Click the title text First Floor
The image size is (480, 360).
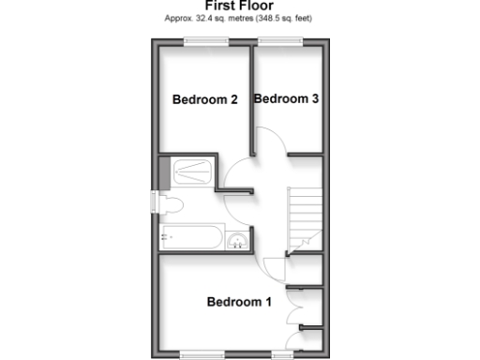coord(240,6)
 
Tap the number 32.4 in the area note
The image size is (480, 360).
coord(205,19)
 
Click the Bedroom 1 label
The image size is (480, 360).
coord(239,302)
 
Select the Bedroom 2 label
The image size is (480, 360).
coord(204,99)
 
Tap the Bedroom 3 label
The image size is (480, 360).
coord(286,98)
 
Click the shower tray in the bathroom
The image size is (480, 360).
coord(194,170)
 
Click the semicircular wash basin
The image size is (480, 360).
coord(241,240)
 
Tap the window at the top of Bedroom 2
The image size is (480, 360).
coord(205,38)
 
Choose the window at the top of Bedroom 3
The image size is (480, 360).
coord(280,38)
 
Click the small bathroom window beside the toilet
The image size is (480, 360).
coord(154,203)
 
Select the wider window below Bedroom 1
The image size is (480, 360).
coord(204,353)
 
